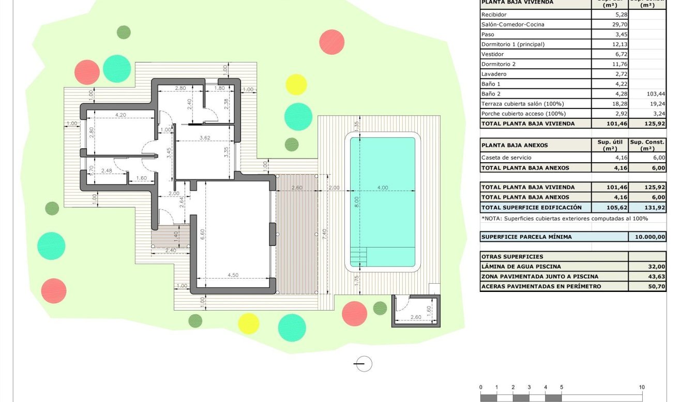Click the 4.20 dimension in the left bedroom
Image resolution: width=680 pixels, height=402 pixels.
(x=120, y=115)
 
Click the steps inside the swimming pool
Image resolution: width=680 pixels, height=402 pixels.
(x=359, y=255)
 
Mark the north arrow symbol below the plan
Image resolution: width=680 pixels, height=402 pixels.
(x=364, y=364)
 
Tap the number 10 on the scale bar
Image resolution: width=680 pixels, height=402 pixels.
(x=641, y=388)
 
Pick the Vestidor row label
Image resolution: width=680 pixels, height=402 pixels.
(x=492, y=54)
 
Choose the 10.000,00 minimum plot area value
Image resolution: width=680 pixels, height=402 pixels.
(x=646, y=237)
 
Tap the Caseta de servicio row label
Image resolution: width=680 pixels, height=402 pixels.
(x=506, y=158)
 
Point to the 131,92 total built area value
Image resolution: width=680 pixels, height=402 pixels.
(x=656, y=207)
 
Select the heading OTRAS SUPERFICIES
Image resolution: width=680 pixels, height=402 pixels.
(x=512, y=257)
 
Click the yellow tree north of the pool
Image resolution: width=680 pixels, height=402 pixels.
(x=296, y=84)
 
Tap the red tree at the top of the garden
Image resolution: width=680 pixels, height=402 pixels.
(x=331, y=42)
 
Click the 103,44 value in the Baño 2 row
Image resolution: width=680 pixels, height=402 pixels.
(x=655, y=94)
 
